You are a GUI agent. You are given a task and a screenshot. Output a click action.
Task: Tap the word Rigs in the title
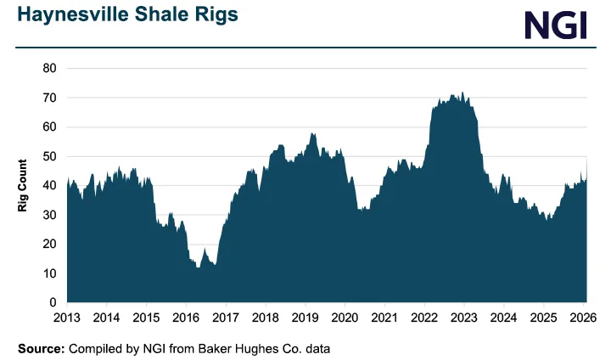tap(215, 15)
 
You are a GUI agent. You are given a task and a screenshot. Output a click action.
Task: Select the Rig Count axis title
tap(24, 184)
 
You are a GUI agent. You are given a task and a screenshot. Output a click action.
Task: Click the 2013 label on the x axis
tap(67, 318)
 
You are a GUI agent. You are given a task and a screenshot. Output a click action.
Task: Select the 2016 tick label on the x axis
tap(186, 318)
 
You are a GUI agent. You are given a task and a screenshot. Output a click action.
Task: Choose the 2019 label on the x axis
tap(305, 318)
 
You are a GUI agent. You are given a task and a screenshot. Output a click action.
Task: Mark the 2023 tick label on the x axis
tap(464, 318)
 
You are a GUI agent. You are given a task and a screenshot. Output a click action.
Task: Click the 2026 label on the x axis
tap(584, 318)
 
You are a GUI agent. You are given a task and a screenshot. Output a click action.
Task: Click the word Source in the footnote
tap(39, 348)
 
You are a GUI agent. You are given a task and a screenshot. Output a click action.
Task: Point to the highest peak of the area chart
tap(462, 93)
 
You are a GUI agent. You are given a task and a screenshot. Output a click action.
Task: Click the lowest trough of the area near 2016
tap(199, 267)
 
